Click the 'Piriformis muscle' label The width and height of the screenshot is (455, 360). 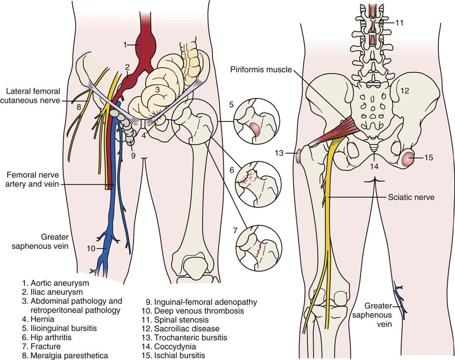tap(260, 70)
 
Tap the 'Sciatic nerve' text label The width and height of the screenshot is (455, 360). tap(410, 198)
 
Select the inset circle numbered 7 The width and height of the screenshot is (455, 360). tap(258, 248)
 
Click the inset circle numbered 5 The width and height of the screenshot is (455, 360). tap(257, 124)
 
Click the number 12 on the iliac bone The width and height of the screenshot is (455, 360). tap(404, 91)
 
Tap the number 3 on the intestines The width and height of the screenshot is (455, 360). tap(157, 90)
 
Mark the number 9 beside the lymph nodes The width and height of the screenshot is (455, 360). tap(133, 156)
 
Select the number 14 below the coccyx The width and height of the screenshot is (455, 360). tap(374, 166)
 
